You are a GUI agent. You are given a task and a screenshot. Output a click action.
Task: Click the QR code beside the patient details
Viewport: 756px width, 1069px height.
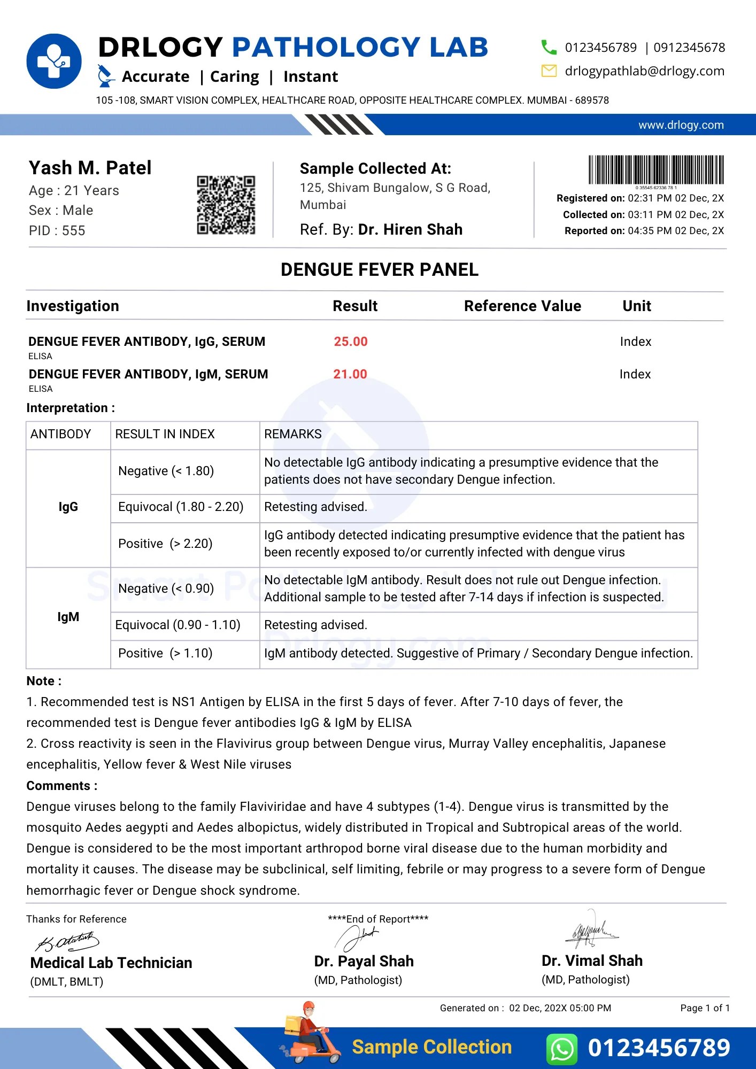click(226, 205)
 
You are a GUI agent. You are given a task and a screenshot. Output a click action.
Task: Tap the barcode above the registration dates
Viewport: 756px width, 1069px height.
click(656, 170)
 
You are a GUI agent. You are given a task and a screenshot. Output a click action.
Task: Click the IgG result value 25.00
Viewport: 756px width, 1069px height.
click(351, 342)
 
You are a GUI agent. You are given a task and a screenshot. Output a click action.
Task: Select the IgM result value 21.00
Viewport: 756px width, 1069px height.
click(350, 374)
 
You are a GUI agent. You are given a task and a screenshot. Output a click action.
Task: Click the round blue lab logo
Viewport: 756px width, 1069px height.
click(54, 61)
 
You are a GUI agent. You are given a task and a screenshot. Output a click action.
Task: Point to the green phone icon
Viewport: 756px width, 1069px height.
click(549, 47)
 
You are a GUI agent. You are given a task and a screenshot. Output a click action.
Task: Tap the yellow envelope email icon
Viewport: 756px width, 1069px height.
click(549, 71)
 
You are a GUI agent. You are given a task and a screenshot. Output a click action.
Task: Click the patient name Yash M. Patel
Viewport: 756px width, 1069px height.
click(90, 168)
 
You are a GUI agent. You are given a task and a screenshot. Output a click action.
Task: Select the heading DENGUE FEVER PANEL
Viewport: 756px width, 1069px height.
click(379, 269)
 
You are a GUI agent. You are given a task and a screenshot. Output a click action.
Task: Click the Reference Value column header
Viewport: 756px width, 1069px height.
click(522, 306)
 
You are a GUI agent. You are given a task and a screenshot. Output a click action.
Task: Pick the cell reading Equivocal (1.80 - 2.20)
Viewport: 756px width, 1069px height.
click(181, 507)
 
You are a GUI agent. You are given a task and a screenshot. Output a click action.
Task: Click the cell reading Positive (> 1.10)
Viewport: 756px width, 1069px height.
click(165, 653)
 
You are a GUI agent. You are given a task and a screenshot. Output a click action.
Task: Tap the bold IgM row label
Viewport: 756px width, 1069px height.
click(68, 617)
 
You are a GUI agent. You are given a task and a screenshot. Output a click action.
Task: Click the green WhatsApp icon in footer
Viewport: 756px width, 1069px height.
click(562, 1049)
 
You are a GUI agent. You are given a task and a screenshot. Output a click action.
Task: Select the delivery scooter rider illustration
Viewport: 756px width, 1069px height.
click(310, 1034)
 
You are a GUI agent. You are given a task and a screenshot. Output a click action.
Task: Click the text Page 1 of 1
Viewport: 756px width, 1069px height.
click(704, 1008)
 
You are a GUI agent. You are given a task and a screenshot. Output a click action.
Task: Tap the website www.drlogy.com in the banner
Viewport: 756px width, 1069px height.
click(681, 125)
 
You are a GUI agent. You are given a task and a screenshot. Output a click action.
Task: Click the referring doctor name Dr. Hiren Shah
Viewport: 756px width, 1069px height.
click(410, 229)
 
